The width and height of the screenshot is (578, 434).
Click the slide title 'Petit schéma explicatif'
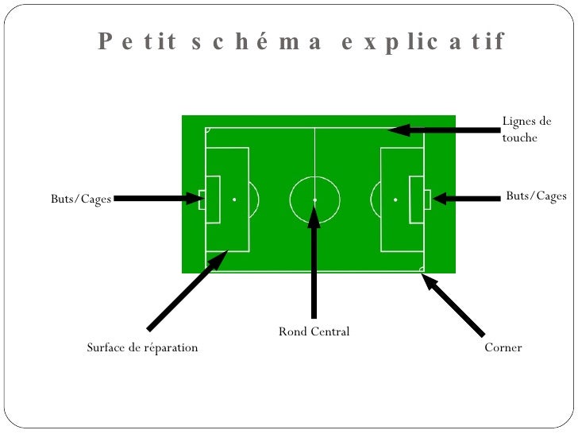(302, 41)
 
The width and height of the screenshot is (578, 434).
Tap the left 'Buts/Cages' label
(81, 199)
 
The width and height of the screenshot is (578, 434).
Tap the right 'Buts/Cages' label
(536, 196)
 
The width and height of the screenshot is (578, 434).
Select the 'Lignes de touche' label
(526, 130)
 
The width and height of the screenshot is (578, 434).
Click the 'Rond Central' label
(314, 331)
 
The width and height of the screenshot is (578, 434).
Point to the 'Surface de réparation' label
(142, 347)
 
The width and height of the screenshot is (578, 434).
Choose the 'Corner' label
(503, 347)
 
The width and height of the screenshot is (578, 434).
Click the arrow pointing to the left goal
(159, 199)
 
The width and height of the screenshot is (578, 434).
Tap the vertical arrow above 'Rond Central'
(314, 262)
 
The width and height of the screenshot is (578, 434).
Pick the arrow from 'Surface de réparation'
(187, 290)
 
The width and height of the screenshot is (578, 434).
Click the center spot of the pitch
(314, 200)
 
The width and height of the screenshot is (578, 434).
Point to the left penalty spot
(234, 200)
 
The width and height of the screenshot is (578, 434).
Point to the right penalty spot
(395, 200)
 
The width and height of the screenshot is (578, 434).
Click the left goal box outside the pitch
(202, 200)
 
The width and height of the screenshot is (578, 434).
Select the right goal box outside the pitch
(427, 200)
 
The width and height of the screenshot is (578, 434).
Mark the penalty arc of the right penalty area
(374, 200)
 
